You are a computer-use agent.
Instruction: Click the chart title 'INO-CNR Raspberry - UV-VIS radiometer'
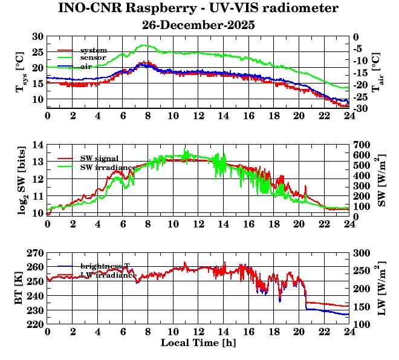point(198,8)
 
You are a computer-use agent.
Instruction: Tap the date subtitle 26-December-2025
point(198,25)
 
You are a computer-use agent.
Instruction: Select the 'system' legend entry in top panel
point(94,50)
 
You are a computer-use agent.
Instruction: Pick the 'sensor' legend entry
point(94,58)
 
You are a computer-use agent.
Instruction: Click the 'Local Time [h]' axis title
point(198,343)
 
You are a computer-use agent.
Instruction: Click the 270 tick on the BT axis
point(35,253)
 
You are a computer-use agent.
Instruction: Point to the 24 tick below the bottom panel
point(349,332)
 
